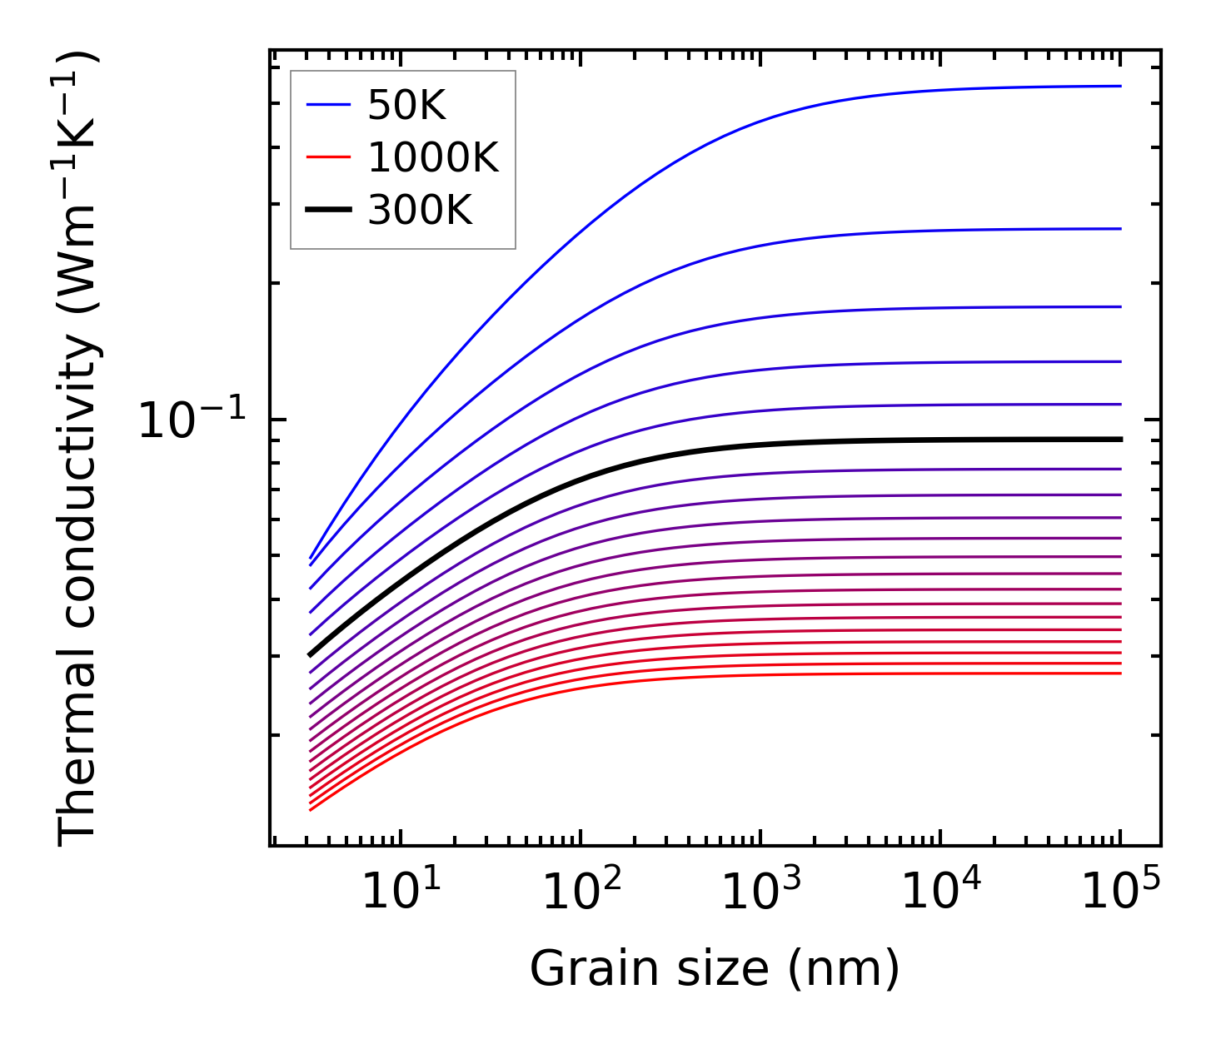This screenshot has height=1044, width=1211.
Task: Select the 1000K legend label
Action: pos(433,157)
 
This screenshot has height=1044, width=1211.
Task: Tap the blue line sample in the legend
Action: pos(328,105)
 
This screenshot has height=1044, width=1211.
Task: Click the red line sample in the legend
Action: pos(328,157)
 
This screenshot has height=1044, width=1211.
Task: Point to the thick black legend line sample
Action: pos(328,210)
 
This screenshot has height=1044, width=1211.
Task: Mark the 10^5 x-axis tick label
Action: pos(1120,892)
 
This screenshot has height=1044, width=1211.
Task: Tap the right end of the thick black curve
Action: pos(1120,439)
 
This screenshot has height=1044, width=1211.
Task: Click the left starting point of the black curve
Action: pos(310,655)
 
